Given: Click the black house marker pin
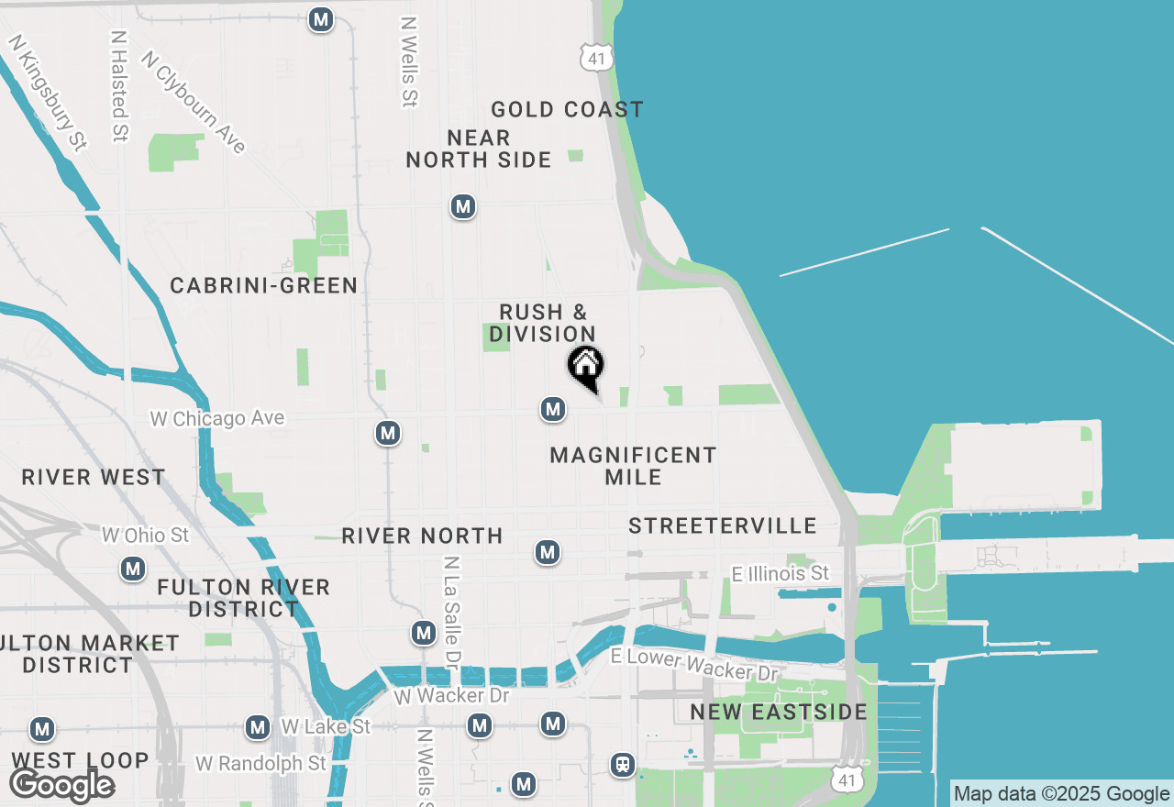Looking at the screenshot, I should point(586,367).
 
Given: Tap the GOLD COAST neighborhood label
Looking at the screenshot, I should point(567,110).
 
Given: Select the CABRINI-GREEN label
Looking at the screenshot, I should point(264,286).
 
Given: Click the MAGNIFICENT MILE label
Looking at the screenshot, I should point(633,466).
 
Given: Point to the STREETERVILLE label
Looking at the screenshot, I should point(723,525).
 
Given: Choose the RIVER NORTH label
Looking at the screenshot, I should point(422,536).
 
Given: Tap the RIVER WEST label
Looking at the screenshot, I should point(94,478).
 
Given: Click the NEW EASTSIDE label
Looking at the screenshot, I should point(779,713).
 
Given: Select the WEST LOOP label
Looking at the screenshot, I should point(80,760).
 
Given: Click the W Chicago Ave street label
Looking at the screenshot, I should point(217,419).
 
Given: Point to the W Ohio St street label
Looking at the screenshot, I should point(145,535).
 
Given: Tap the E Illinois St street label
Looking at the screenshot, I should point(781,574).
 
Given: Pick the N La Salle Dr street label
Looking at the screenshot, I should point(451,612).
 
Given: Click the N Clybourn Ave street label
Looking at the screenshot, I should point(194,101).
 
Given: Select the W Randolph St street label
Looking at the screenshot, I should point(261,763).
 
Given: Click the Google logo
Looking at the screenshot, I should point(61,785).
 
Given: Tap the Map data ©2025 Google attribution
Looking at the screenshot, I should point(1061,794).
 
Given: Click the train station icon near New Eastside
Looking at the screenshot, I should point(623,765).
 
